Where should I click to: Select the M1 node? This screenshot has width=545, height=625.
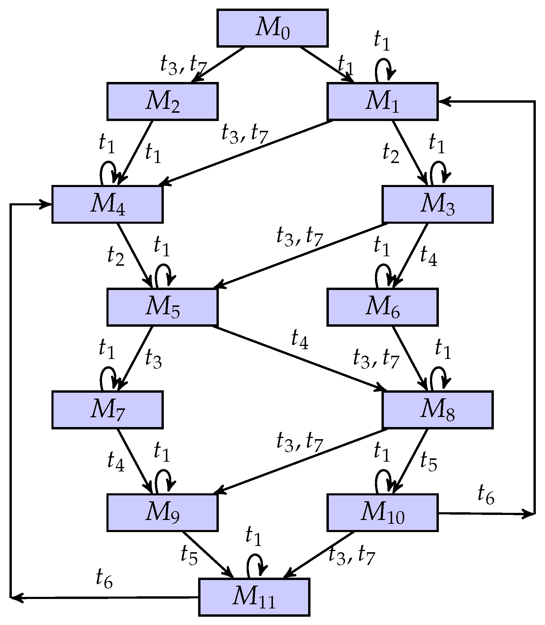pyautogui.click(x=382, y=101)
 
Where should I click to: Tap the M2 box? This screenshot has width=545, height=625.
pyautogui.click(x=162, y=101)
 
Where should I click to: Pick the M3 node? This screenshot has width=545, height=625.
pyautogui.click(x=437, y=204)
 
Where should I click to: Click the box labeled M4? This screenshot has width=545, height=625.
pyautogui.click(x=107, y=204)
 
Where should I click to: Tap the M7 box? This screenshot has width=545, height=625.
pyautogui.click(x=107, y=410)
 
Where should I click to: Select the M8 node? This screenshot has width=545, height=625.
pyautogui.click(x=437, y=410)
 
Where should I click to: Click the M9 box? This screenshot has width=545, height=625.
pyautogui.click(x=162, y=513)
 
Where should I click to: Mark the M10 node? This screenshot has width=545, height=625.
pyautogui.click(x=382, y=513)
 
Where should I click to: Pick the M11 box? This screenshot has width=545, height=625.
pyautogui.click(x=254, y=597)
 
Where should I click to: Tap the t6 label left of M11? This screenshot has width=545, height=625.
pyautogui.click(x=104, y=579)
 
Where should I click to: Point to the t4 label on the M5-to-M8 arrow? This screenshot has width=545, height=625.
pyautogui.click(x=300, y=340)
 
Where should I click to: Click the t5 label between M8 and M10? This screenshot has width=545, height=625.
pyautogui.click(x=428, y=462)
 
